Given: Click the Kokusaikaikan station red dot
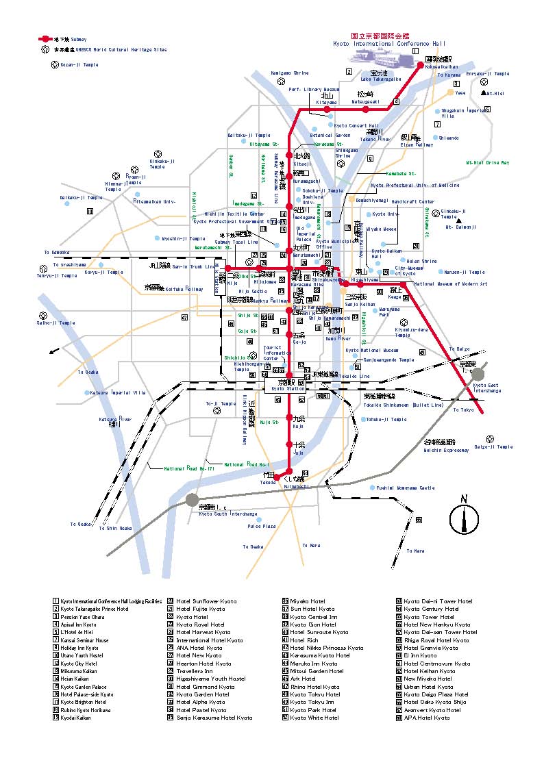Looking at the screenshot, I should pos(421,65).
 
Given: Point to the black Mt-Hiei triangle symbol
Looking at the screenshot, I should pos(483,92).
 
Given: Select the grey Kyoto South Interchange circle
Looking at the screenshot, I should pos(192,501).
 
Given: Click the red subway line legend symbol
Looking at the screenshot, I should pos(44,40).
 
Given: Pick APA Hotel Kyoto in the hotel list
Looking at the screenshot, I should pos(426,718).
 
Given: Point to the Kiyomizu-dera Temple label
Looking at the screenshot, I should pos(412,332).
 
